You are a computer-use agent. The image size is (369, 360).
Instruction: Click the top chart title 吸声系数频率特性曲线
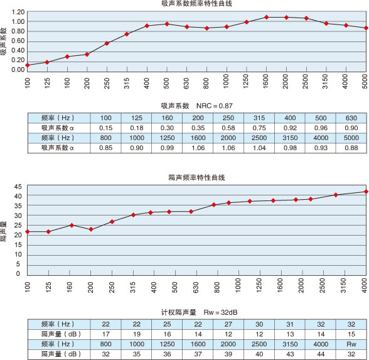coord(197,4)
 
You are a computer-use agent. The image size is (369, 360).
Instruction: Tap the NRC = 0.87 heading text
coord(215,106)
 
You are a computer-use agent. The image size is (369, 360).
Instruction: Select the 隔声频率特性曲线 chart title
coord(197,177)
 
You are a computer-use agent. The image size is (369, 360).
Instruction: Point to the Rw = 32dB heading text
coord(220,312)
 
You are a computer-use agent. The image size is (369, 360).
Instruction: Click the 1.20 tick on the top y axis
coord(18,12)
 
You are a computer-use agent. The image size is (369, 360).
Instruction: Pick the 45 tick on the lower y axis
coord(18,187)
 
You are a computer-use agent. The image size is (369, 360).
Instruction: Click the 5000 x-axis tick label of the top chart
coord(365,81)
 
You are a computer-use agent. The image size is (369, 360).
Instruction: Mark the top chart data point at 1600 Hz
coord(266,17)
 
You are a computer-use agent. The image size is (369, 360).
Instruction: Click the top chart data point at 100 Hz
coord(28,65)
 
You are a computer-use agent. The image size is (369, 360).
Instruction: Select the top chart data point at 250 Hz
coord(107,43)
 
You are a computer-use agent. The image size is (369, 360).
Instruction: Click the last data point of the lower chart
coord(366,192)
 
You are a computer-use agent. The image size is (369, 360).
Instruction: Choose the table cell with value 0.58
coord(228,128)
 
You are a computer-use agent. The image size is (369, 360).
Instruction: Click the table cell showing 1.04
coord(259,148)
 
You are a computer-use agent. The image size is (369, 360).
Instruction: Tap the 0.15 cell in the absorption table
coord(105,128)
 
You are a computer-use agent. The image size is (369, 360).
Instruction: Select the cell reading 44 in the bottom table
coord(321,354)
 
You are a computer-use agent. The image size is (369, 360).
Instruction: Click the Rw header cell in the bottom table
coord(351,344)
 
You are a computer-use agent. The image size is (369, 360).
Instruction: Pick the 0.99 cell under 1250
coord(167,148)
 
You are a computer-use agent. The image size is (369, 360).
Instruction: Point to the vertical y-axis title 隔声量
coord(3,231)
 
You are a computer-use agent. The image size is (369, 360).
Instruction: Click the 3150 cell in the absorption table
coord(290,138)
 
